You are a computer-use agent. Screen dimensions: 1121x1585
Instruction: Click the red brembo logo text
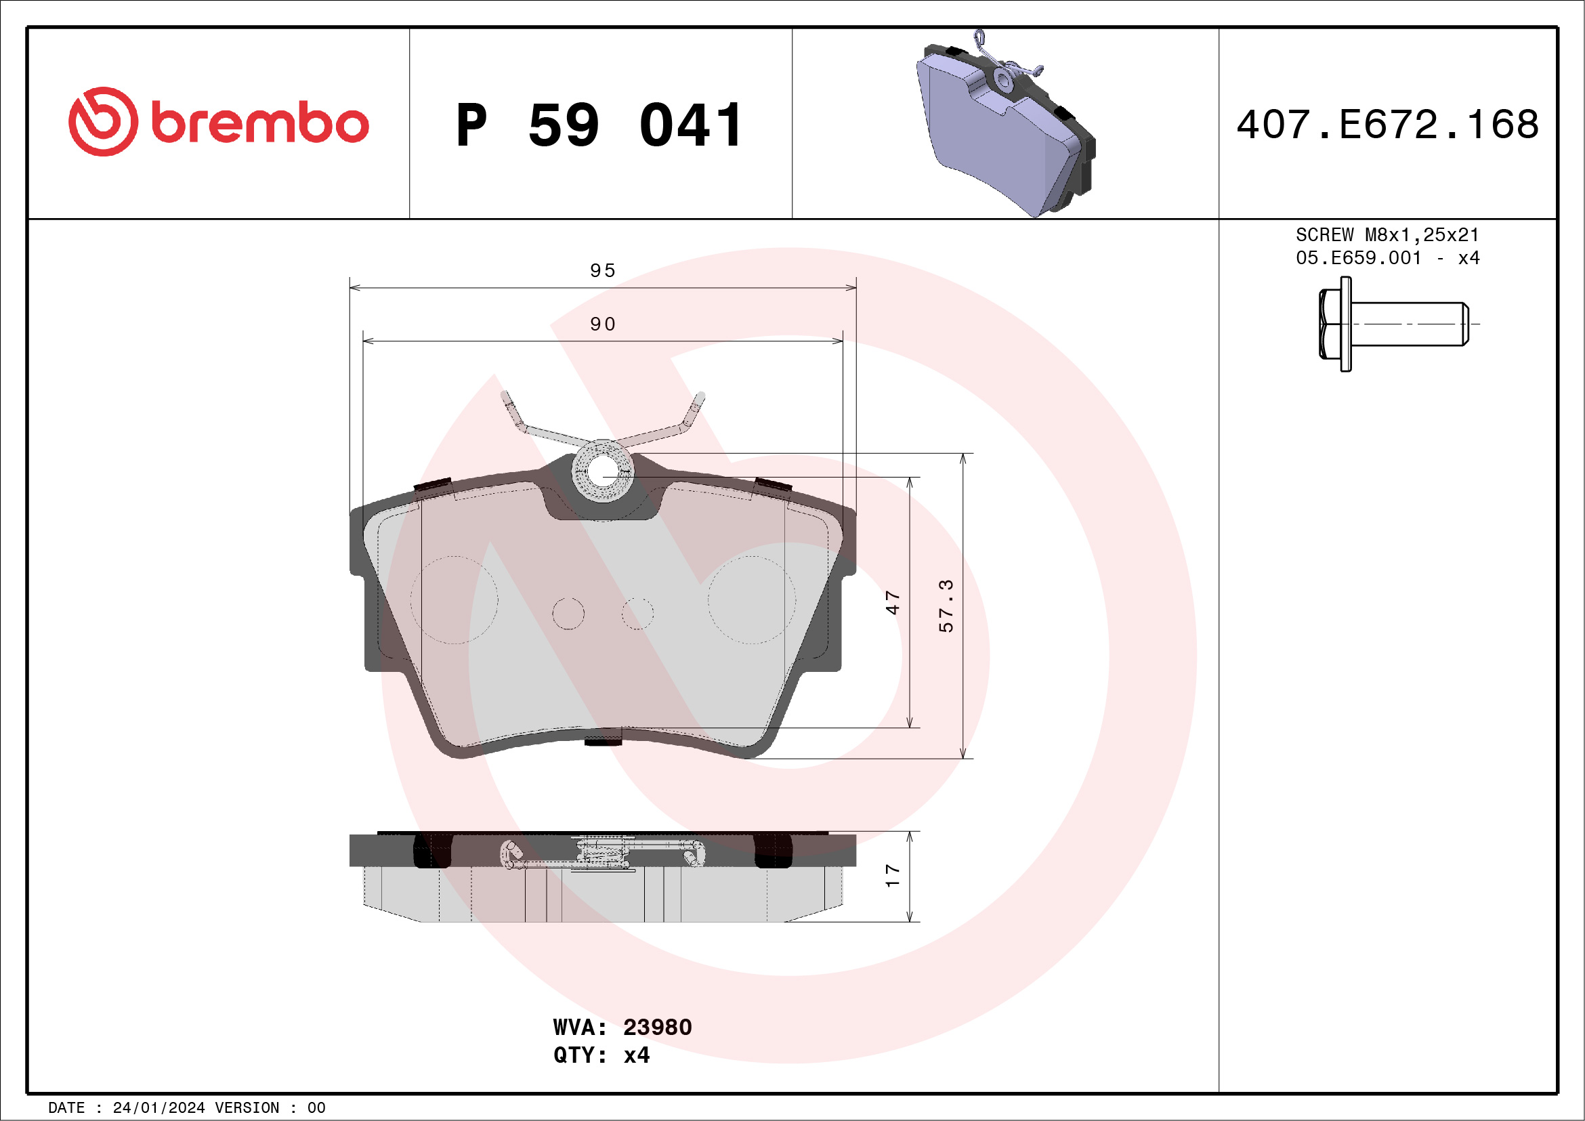(259, 123)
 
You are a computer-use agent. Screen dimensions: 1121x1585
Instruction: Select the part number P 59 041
(599, 125)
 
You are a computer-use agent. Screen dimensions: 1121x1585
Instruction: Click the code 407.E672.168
(1387, 125)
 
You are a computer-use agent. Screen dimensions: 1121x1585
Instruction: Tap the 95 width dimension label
(603, 270)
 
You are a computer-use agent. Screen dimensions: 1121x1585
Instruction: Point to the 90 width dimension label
(603, 324)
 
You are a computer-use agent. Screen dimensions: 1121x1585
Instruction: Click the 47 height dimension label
(893, 603)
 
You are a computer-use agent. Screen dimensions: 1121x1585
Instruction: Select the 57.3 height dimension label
(946, 606)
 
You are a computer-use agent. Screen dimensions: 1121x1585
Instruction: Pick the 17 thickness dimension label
(893, 876)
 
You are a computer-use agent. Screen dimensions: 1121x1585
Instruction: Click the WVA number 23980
(656, 1027)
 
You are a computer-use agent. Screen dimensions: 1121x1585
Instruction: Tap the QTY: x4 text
(601, 1055)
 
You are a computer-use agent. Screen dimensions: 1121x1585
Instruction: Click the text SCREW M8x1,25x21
(1387, 234)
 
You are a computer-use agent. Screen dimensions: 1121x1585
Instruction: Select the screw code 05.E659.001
(1358, 258)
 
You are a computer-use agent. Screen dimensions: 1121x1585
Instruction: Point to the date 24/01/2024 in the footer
(158, 1108)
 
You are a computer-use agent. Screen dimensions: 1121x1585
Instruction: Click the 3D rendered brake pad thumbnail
(1005, 124)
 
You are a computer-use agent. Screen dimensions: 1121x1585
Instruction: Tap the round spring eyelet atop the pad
(603, 471)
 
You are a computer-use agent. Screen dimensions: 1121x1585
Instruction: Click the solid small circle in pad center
(568, 614)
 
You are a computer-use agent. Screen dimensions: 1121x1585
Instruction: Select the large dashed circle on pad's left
(455, 600)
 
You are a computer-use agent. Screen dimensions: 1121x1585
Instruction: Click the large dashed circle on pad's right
(751, 600)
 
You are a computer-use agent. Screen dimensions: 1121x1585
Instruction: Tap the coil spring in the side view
(603, 853)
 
